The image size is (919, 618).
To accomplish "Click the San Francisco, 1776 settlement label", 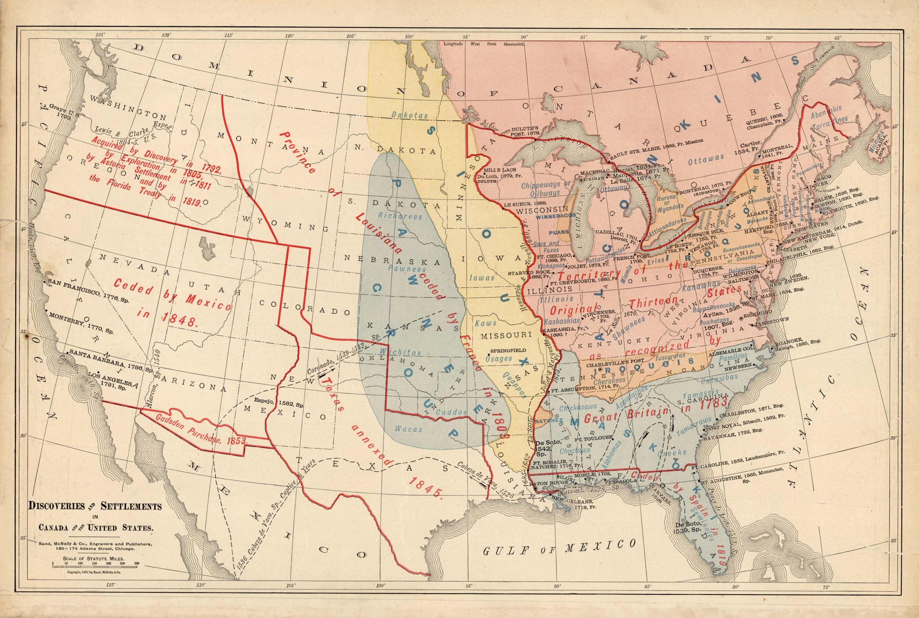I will point(88,285).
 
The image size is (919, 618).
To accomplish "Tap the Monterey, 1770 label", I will point(80,323).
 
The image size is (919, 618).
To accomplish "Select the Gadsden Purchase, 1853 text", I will point(202,429).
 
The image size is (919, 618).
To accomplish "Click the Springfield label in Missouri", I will point(507,351).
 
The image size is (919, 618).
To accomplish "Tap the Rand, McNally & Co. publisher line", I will point(95,544).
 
